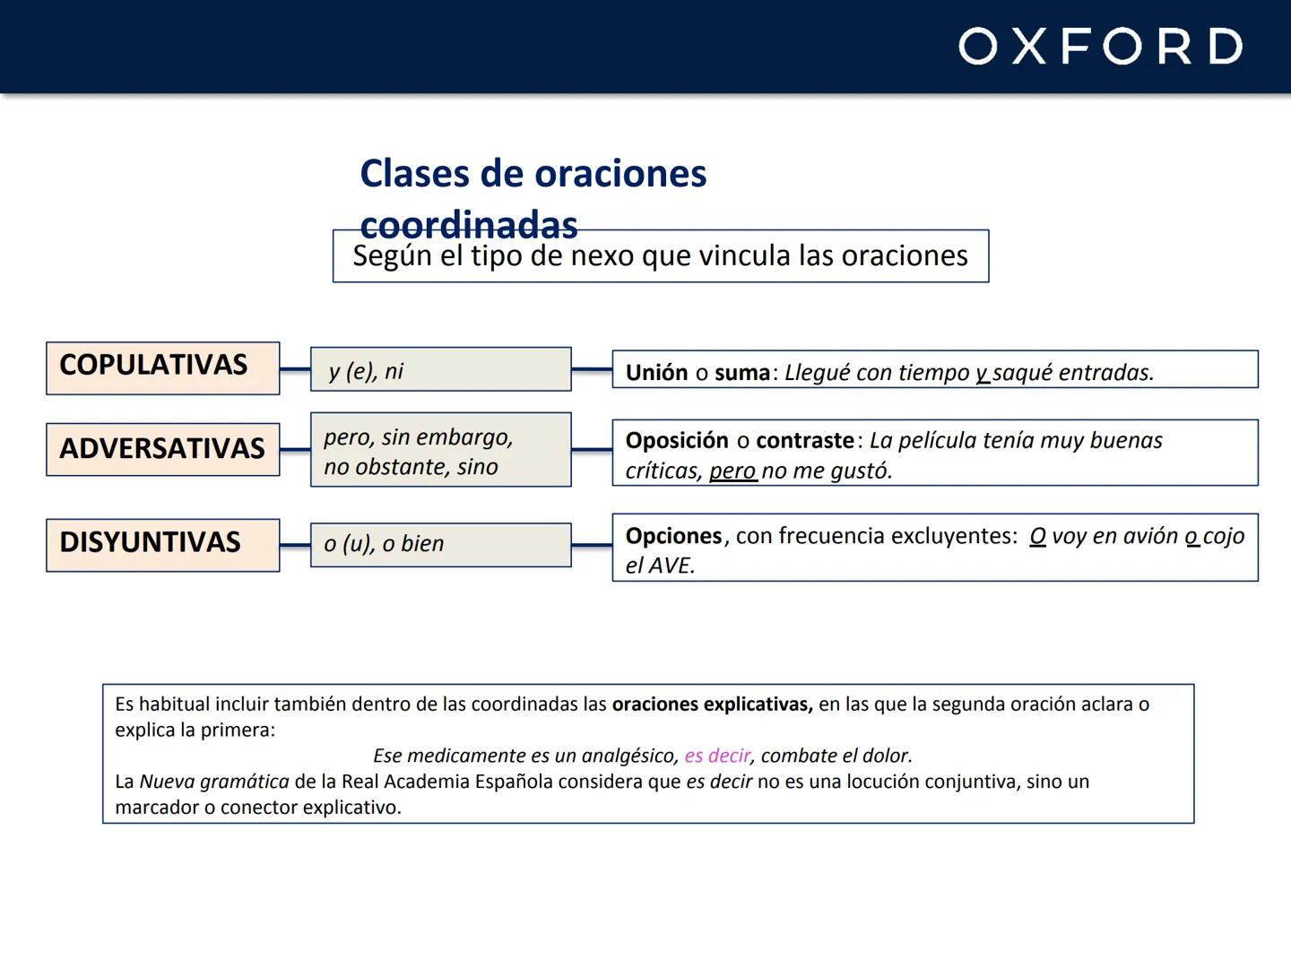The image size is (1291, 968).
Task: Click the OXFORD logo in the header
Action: [1100, 46]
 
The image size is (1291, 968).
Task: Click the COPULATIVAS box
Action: [162, 367]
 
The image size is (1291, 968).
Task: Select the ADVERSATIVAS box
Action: [162, 449]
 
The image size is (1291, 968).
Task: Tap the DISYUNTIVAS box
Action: [162, 544]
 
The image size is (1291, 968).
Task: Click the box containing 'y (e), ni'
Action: [440, 369]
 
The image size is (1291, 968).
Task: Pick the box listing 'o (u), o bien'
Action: [440, 545]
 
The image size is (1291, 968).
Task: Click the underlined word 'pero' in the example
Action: [732, 471]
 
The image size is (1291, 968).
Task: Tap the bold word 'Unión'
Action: [656, 373]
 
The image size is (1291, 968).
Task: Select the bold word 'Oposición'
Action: [677, 441]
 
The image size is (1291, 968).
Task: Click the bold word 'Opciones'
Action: [673, 536]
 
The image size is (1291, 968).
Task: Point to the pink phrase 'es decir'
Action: [717, 756]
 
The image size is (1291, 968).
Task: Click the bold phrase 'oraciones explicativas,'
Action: [712, 704]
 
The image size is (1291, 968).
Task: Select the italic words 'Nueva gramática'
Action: [214, 782]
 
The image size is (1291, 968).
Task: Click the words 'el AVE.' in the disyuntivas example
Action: [660, 566]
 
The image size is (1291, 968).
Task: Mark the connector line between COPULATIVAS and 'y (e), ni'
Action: [295, 368]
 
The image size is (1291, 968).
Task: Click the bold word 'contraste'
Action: [805, 441]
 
